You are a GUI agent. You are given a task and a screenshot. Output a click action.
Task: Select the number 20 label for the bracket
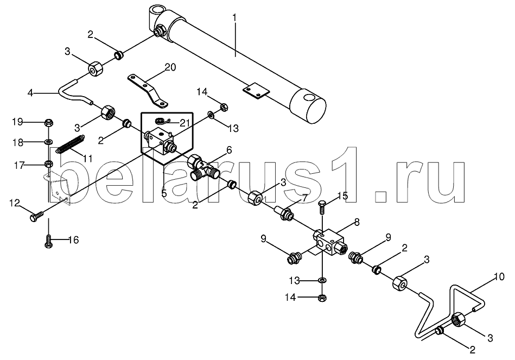(170, 67)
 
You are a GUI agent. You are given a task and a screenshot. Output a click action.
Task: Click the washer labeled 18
(49, 142)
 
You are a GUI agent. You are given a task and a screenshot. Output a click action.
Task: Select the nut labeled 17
(48, 163)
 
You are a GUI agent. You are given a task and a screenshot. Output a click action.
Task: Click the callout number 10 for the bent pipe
(499, 277)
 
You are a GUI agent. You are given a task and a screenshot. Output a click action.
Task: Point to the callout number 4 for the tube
(30, 93)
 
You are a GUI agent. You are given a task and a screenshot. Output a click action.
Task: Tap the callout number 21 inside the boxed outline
(185, 123)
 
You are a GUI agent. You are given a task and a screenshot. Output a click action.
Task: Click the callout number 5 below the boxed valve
(164, 193)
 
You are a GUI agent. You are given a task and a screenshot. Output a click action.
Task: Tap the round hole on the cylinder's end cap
(309, 98)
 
